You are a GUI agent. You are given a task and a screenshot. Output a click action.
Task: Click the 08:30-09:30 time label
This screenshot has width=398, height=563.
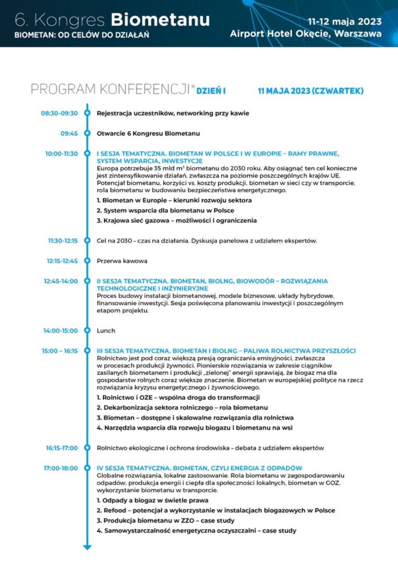coord(59,114)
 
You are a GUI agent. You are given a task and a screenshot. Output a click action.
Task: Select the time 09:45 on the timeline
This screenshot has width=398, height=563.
coord(69,133)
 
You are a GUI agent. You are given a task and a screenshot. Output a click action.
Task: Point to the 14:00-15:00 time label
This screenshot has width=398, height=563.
coord(60,331)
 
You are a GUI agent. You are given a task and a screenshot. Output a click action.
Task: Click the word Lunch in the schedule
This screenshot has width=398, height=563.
coord(106,331)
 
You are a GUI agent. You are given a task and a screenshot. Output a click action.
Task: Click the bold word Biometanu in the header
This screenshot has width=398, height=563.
coord(160,20)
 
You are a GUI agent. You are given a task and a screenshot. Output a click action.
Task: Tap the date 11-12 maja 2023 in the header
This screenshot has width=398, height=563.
coord(345,23)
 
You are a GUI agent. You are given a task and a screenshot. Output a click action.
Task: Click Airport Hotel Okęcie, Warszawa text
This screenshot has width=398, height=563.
coord(306,34)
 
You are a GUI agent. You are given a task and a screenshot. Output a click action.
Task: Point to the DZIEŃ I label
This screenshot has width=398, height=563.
coord(212,90)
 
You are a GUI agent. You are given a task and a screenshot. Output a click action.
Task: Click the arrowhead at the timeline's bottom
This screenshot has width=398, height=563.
coord(87,547)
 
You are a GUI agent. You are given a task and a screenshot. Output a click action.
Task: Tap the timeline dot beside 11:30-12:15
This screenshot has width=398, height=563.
coord(87,240)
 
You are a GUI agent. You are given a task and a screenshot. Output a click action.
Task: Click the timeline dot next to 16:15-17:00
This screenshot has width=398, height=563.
coord(87,448)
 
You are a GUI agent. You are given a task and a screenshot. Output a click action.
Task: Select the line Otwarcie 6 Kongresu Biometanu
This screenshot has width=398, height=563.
coord(148,133)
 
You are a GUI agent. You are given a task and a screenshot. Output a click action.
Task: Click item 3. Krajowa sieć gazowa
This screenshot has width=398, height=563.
coord(176,220)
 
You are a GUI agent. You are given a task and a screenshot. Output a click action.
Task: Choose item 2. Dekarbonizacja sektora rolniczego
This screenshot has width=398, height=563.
coord(182,407)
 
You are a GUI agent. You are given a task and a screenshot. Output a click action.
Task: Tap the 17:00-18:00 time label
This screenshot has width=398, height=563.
coord(62,468)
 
